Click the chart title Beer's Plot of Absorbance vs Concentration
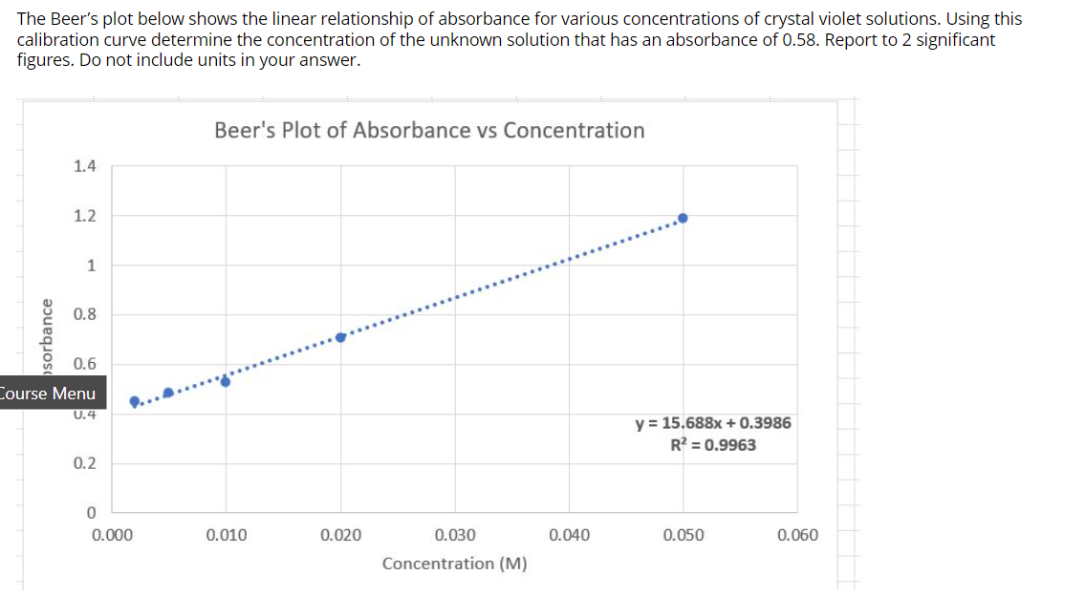tap(429, 130)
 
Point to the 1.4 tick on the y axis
tap(84, 166)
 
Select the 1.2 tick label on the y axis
tap(84, 216)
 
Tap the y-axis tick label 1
tap(90, 266)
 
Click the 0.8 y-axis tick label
tap(84, 314)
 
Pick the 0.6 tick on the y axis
tap(84, 364)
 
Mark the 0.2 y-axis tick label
tap(84, 463)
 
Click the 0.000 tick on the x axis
tap(112, 535)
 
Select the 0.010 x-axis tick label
tap(227, 535)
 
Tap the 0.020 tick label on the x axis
tap(341, 535)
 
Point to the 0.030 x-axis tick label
tap(455, 535)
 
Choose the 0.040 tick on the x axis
tap(570, 535)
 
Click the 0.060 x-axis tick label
tap(797, 535)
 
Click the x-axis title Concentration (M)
tap(454, 564)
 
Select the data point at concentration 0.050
tap(683, 218)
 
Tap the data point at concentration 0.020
tap(341, 336)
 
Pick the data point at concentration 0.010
tap(226, 381)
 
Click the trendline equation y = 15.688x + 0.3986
tap(713, 423)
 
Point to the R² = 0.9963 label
tap(713, 444)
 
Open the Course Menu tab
tap(48, 394)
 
